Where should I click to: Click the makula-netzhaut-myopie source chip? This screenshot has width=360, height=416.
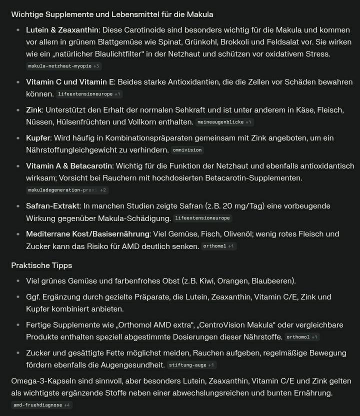[x=63, y=66]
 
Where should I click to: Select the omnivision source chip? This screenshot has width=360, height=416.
[x=187, y=150]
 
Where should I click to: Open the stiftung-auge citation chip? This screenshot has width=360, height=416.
[x=191, y=365]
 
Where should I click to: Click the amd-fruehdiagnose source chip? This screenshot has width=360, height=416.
[x=41, y=405]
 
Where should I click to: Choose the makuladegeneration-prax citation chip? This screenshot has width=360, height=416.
[x=66, y=190]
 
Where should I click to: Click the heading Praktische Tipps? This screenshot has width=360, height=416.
[x=41, y=265]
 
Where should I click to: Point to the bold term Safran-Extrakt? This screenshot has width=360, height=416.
[x=52, y=205]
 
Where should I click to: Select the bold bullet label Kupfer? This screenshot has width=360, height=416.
[x=37, y=137]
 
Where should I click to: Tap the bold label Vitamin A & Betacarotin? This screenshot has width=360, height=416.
[x=69, y=165]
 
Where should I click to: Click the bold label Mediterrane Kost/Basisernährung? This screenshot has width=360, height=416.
[x=87, y=233]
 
